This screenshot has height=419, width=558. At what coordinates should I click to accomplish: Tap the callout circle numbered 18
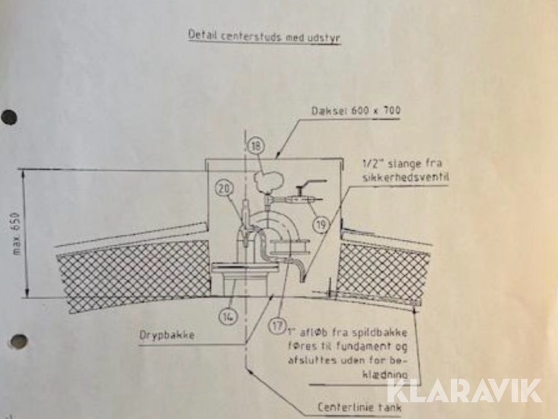(x=256, y=146)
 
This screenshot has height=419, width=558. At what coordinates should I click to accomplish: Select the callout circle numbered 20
(x=224, y=188)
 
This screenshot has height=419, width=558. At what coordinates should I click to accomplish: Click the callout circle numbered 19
(x=321, y=225)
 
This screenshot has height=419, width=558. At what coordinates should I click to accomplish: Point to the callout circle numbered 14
(x=228, y=316)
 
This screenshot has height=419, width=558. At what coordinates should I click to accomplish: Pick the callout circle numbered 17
(x=277, y=326)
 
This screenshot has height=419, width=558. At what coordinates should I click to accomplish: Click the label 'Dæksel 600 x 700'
(x=356, y=110)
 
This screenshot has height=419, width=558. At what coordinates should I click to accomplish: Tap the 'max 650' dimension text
(x=17, y=234)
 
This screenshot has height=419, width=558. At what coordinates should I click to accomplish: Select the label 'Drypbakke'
(x=167, y=335)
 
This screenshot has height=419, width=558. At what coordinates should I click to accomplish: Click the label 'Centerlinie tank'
(x=360, y=407)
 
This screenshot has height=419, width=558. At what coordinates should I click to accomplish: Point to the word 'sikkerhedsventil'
(x=405, y=177)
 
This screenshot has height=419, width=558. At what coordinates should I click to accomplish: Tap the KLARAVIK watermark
(x=464, y=390)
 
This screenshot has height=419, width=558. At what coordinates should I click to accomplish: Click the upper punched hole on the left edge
(x=9, y=117)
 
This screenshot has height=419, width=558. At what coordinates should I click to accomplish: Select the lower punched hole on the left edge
(x=18, y=341)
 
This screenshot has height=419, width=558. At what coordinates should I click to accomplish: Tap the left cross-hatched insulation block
(x=133, y=274)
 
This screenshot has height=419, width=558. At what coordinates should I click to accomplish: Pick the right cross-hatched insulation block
(x=384, y=271)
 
